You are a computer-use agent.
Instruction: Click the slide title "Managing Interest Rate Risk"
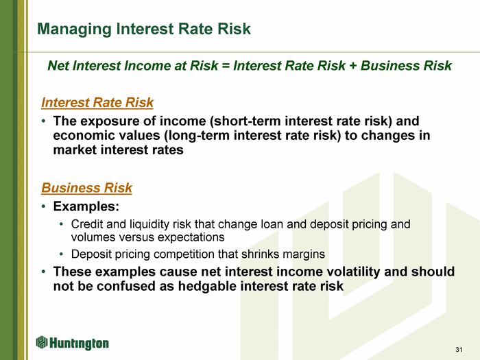[x=144, y=29]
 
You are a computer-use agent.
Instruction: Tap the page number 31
[x=459, y=350]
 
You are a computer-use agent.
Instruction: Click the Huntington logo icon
[x=42, y=342]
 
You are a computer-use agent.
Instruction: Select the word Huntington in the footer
[x=79, y=344]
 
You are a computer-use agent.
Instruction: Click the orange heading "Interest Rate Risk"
[x=97, y=103]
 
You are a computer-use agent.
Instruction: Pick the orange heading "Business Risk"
[x=86, y=188]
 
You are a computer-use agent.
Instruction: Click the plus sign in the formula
[x=353, y=66]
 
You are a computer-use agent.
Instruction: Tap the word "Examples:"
[x=86, y=206]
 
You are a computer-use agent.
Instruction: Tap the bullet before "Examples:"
[x=44, y=206]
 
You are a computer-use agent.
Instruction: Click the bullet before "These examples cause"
[x=44, y=272]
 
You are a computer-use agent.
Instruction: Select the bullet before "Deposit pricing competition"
[x=62, y=254]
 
